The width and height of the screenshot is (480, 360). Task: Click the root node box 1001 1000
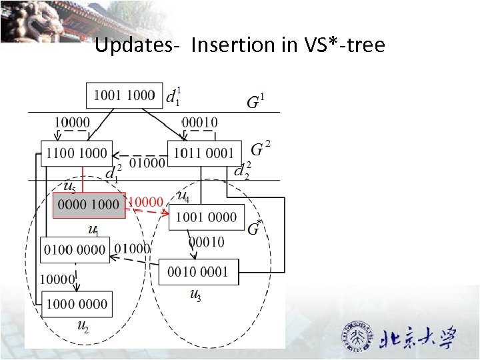click(125, 95)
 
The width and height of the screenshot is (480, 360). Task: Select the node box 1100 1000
click(76, 153)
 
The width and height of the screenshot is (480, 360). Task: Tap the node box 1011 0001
click(204, 153)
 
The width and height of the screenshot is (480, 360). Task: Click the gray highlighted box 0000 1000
click(89, 205)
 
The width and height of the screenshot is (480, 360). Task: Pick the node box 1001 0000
click(206, 217)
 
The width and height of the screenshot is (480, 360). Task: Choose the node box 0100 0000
click(75, 249)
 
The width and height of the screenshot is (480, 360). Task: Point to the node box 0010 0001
click(198, 271)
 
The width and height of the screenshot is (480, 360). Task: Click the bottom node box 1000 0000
click(76, 304)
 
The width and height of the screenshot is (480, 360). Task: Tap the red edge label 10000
click(145, 201)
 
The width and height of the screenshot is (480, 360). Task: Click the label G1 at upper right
click(255, 102)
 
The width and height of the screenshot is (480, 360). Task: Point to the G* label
click(254, 229)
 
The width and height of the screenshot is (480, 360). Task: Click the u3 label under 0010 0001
click(195, 295)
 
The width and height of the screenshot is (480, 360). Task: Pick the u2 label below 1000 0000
click(83, 326)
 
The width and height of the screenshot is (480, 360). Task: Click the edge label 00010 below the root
click(199, 123)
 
